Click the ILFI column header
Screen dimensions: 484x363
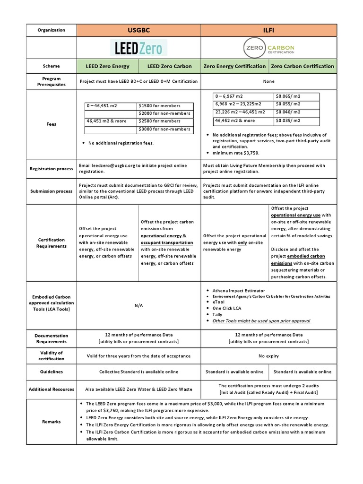(269, 30)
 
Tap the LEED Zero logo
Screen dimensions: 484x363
(138, 48)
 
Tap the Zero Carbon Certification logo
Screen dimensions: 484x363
(269, 48)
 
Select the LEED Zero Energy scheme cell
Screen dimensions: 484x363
(107, 66)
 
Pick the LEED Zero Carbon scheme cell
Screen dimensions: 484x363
(170, 66)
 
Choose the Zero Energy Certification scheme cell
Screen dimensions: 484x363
(234, 66)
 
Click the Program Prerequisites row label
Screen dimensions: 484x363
(51, 81)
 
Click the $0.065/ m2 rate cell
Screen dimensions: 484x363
(288, 96)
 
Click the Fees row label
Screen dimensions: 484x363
(51, 124)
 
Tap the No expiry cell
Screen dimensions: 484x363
(268, 356)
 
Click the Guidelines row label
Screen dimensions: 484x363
(51, 372)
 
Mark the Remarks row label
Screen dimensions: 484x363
(51, 422)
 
